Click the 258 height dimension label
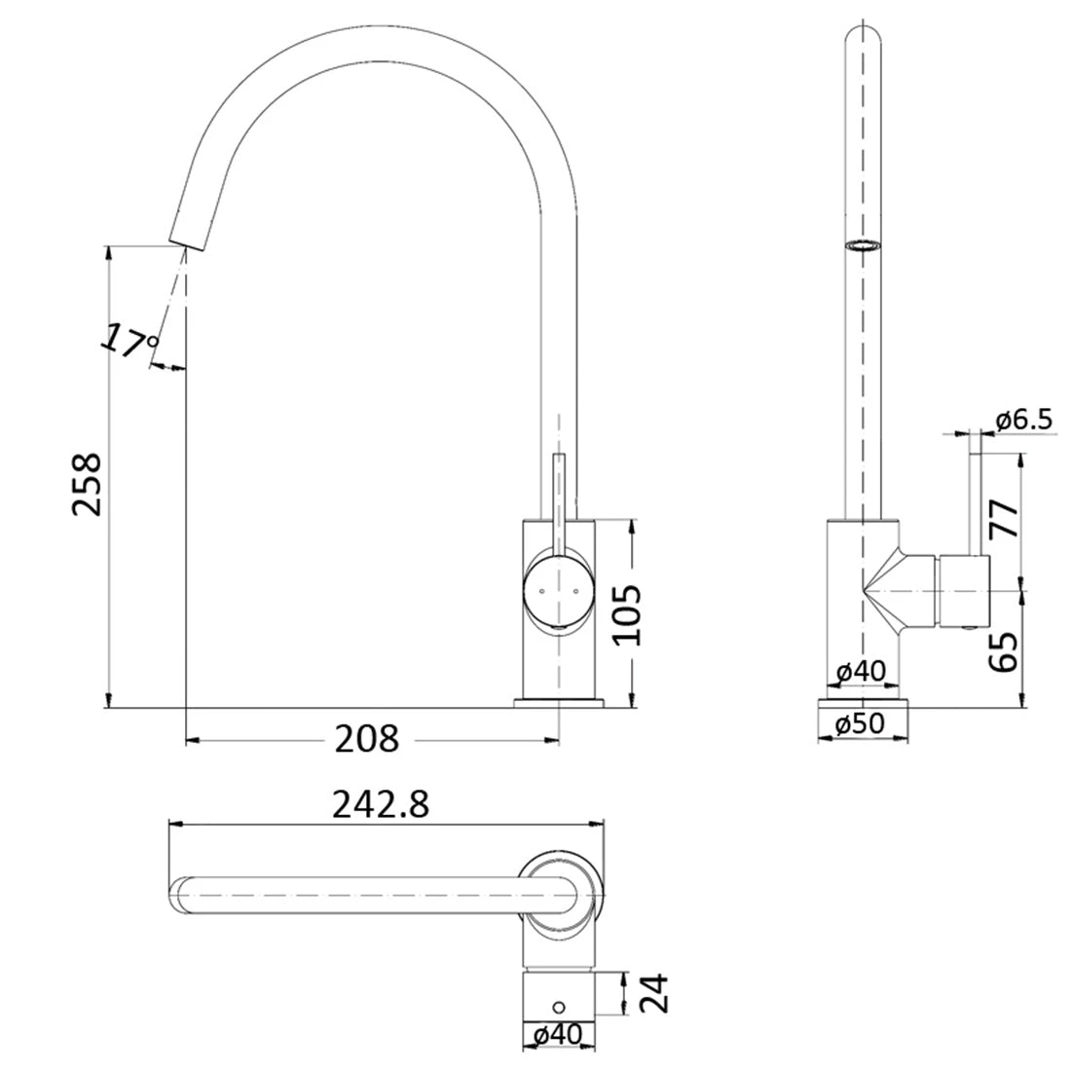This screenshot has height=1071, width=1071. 87,484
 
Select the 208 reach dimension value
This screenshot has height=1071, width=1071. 367,740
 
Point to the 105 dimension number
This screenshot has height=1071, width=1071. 628,615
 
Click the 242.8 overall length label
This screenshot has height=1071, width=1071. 381,805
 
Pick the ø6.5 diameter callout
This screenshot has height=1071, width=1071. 1023,420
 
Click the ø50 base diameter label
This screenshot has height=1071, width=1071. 862,724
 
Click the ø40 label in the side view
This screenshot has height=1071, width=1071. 861,671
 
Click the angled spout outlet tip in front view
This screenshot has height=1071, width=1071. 188,234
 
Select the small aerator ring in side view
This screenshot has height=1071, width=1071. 862,245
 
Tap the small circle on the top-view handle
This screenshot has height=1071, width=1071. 560,1007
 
